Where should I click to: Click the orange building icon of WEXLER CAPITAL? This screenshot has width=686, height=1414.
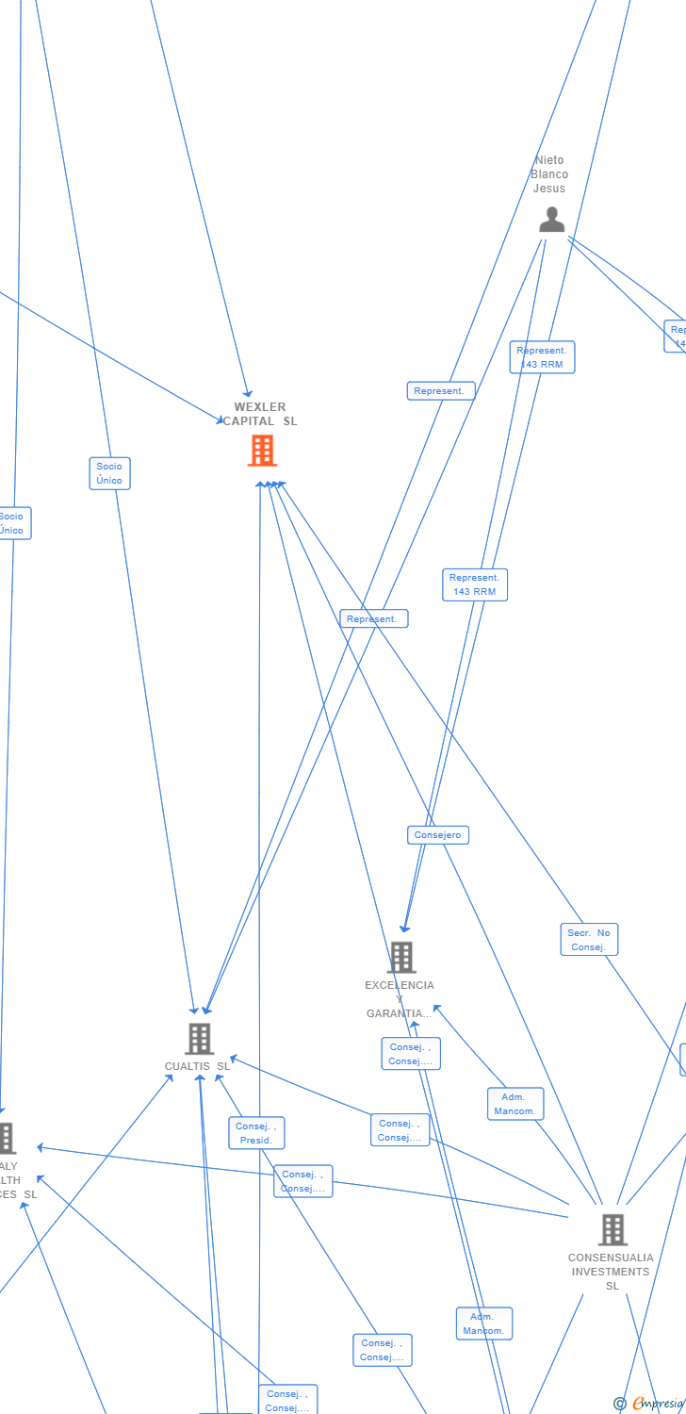pyautogui.click(x=262, y=451)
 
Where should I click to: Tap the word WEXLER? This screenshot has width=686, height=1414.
pyautogui.click(x=260, y=407)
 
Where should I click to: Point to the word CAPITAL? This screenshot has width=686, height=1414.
pyautogui.click(x=249, y=421)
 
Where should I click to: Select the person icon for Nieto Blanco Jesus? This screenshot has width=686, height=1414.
pyautogui.click(x=551, y=220)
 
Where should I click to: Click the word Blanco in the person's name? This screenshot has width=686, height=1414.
pyautogui.click(x=549, y=174)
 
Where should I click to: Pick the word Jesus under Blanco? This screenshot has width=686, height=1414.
pyautogui.click(x=549, y=189)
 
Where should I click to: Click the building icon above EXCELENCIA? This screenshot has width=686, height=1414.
pyautogui.click(x=401, y=957)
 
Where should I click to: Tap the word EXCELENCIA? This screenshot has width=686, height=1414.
pyautogui.click(x=400, y=985)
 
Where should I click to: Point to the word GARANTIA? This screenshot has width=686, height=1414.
pyautogui.click(x=397, y=1013)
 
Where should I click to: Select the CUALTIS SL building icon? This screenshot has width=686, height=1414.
pyautogui.click(x=199, y=1039)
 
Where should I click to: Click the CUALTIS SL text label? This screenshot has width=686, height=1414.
pyautogui.click(x=197, y=1066)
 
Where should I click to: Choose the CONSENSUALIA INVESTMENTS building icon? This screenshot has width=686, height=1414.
pyautogui.click(x=612, y=1229)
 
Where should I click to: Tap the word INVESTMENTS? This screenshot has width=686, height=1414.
pyautogui.click(x=610, y=1272)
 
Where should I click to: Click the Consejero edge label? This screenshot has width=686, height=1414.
pyautogui.click(x=438, y=835)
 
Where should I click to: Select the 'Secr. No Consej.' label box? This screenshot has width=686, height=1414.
pyautogui.click(x=589, y=940)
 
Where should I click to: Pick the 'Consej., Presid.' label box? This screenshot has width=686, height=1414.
pyautogui.click(x=255, y=1133)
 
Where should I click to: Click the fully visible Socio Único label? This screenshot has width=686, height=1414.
pyautogui.click(x=109, y=473)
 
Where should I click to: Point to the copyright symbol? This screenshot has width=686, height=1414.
pyautogui.click(x=619, y=1404)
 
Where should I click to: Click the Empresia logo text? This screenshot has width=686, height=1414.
pyautogui.click(x=658, y=1404)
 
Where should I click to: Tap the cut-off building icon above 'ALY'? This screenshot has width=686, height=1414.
pyautogui.click(x=6, y=1138)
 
